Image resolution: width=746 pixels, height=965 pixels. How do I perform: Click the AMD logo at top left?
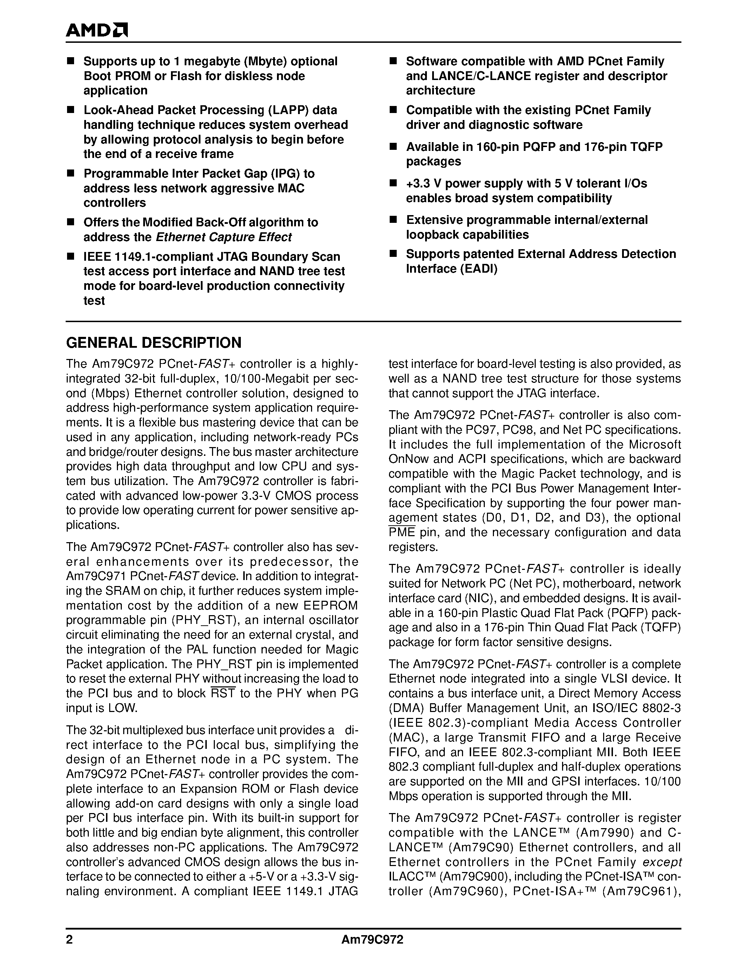[x=96, y=30]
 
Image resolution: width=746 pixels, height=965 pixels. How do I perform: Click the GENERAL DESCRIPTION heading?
[x=153, y=342]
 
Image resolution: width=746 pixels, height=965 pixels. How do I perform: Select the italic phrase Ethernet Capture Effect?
[x=224, y=237]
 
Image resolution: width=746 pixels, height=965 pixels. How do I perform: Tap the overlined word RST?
[x=223, y=693]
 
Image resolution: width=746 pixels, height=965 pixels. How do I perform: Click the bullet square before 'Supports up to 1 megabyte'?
[x=70, y=61]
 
